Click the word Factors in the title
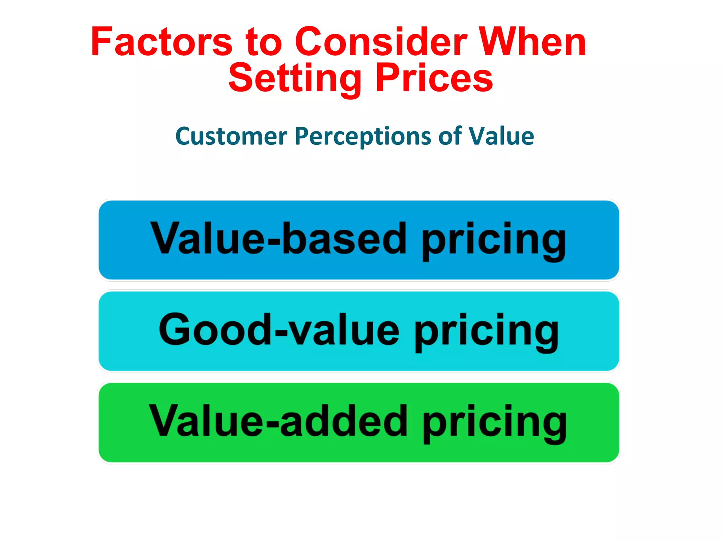click(161, 42)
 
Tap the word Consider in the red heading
click(381, 42)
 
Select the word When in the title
click(532, 42)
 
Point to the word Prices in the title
click(434, 78)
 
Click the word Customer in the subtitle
click(231, 137)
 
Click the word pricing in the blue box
click(494, 241)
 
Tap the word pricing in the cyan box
click(487, 332)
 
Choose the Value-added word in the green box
click(279, 421)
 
